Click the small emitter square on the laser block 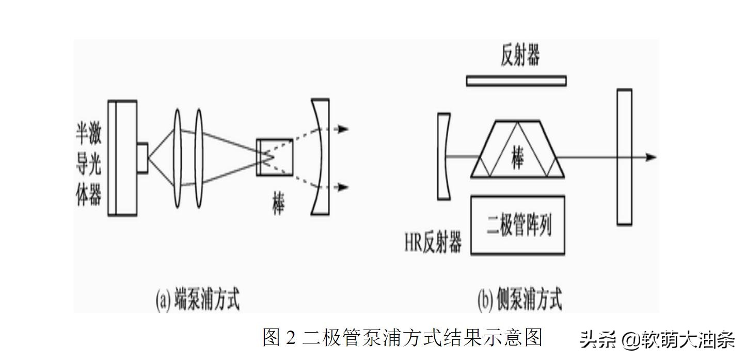(142, 157)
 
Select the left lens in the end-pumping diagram (178, 158)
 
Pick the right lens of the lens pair (199, 158)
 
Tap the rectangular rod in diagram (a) (275, 157)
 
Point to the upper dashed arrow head (343, 129)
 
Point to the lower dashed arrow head (343, 187)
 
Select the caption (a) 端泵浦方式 (198, 300)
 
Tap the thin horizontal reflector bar (516, 81)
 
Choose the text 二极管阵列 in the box (519, 225)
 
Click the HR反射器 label (433, 243)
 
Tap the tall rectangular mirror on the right (624, 157)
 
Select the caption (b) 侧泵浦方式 (519, 300)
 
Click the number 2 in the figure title (291, 338)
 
